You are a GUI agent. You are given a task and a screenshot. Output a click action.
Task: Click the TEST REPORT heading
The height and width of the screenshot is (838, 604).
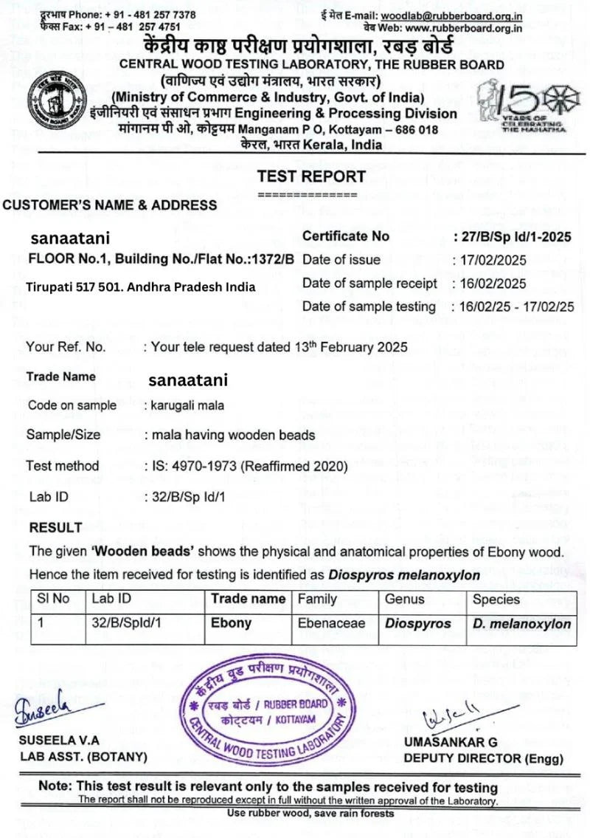coord(311,176)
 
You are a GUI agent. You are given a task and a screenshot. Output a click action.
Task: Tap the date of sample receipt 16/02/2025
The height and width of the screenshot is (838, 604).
coord(492,284)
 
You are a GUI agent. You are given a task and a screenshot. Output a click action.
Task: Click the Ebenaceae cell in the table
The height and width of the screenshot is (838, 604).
coord(326,623)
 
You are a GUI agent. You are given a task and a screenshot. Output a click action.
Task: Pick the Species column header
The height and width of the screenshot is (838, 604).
coord(496,600)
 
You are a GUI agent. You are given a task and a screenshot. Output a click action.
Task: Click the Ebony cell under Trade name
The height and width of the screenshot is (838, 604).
coord(231,623)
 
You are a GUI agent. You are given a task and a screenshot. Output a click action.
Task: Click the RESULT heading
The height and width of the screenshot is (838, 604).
coord(55,528)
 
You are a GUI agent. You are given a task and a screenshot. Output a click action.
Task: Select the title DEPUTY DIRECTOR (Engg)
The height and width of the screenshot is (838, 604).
coord(483,758)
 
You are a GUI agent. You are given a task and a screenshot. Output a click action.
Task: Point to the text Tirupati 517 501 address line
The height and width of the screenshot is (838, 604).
coord(140,286)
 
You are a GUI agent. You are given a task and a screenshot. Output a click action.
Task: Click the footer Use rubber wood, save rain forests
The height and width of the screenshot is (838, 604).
coord(310,814)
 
